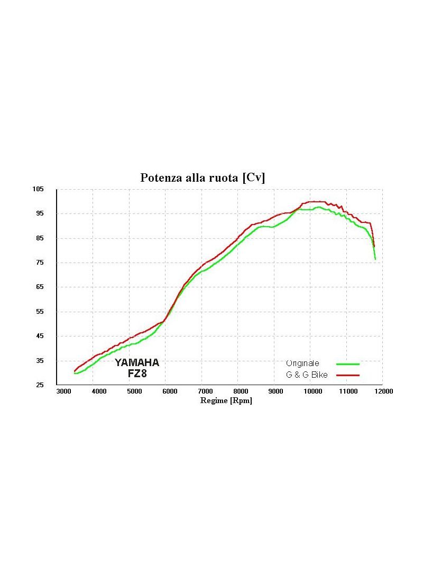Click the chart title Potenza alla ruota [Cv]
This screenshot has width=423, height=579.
(203, 178)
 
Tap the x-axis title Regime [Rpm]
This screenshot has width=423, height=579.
(226, 400)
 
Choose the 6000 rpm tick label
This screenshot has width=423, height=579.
(170, 391)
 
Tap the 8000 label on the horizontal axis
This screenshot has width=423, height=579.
(241, 391)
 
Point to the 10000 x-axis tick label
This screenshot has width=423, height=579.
(312, 391)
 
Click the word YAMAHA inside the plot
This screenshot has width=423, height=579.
(136, 363)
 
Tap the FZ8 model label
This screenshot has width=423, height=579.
(137, 374)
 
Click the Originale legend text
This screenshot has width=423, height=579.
(302, 363)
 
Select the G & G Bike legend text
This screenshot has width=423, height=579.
(307, 375)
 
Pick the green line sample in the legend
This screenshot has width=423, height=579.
(347, 364)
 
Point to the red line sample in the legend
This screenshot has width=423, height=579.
(347, 375)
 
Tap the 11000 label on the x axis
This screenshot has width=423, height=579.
(347, 391)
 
